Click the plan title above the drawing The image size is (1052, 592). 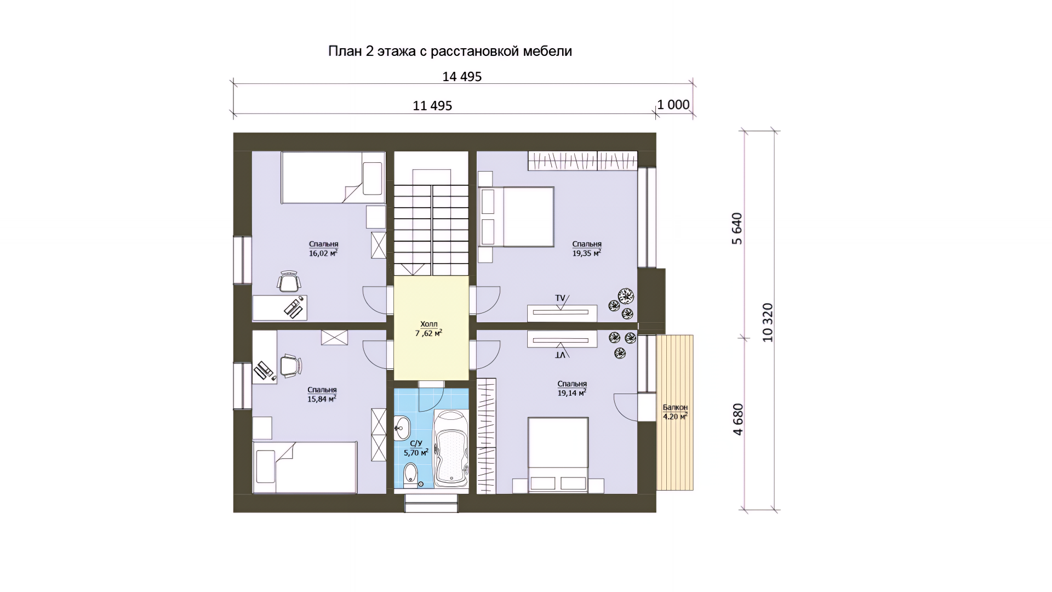(450, 52)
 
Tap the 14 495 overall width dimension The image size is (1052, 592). (462, 77)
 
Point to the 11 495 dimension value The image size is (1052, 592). (432, 106)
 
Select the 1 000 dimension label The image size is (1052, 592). (673, 105)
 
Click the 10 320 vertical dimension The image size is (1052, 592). (768, 322)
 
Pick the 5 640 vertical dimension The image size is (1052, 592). (737, 228)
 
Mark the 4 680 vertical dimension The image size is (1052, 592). (738, 419)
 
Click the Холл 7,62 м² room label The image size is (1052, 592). (428, 328)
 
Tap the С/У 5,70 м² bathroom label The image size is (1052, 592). (416, 448)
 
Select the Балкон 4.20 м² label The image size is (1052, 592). (675, 412)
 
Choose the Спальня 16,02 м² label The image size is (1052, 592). (323, 248)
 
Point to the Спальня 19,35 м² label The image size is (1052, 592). (587, 248)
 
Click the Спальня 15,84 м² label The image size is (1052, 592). (322, 394)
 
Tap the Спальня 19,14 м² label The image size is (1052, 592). (572, 388)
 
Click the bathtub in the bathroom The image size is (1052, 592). (451, 448)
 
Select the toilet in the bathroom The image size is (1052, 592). (410, 475)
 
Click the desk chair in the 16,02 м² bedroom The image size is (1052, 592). (289, 281)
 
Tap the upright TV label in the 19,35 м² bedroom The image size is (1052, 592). (560, 298)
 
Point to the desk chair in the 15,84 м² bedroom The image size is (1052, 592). (291, 366)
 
